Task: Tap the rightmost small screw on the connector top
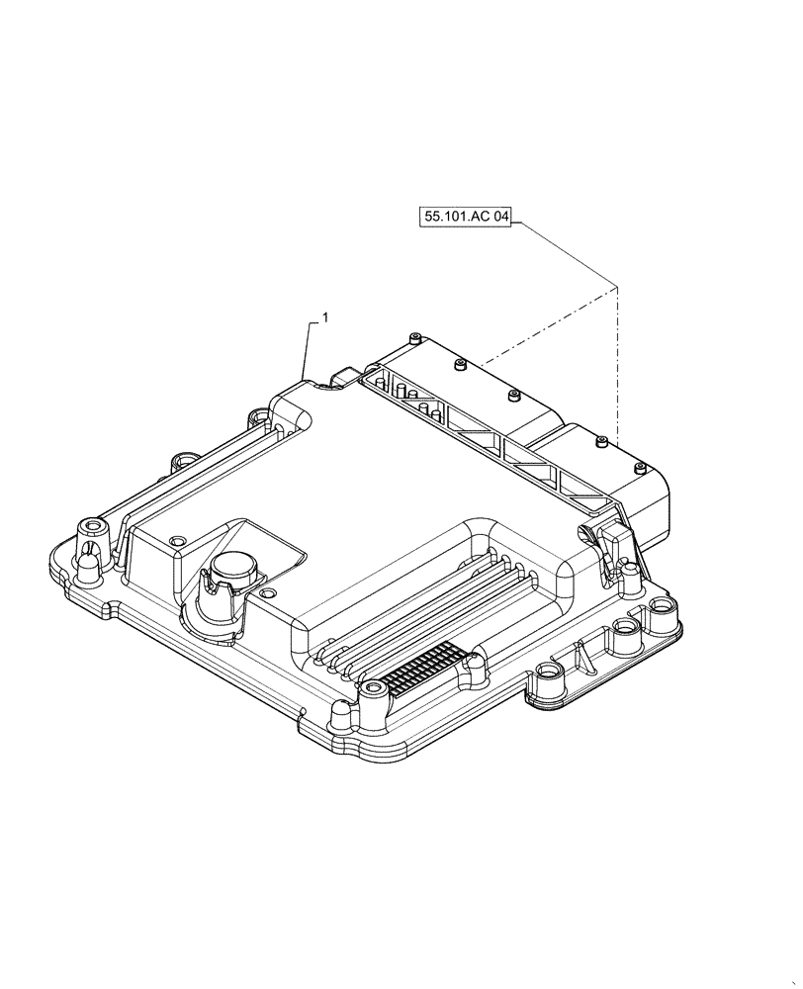pyautogui.click(x=602, y=441)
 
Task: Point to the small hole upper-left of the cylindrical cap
pyautogui.click(x=178, y=540)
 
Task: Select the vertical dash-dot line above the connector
pyautogui.click(x=617, y=356)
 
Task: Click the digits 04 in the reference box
pyautogui.click(x=496, y=218)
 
